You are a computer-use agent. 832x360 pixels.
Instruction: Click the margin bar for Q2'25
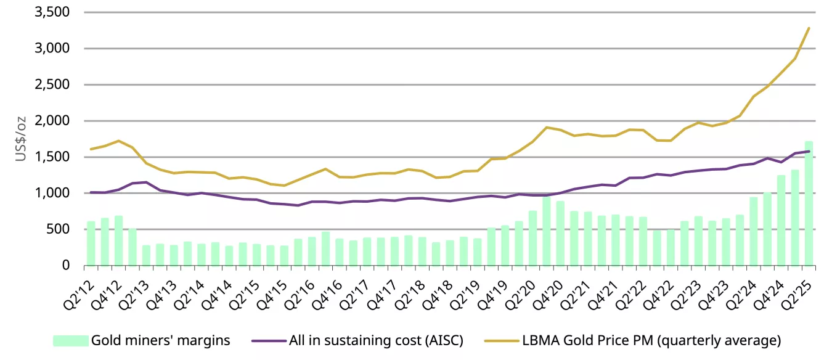(809, 203)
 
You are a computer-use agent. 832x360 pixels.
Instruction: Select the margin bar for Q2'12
(91, 243)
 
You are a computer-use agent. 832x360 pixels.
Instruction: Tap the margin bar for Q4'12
(118, 240)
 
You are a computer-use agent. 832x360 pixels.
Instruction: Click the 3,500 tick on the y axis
(52, 12)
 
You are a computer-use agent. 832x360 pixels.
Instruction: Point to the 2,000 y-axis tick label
(52, 121)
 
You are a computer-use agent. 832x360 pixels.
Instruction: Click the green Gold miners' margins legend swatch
(70, 340)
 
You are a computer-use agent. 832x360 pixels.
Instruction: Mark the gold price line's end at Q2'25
(809, 28)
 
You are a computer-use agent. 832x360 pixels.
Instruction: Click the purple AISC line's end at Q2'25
(809, 151)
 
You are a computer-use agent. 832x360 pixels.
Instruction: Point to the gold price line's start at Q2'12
(91, 149)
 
